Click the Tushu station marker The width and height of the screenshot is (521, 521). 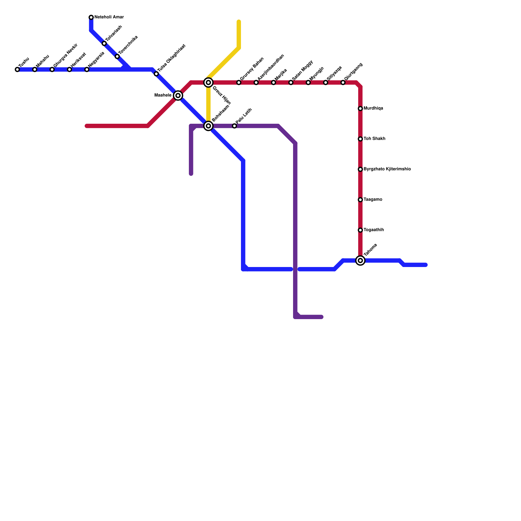click(x=17, y=70)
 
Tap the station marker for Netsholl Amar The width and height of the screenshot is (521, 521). click(x=91, y=17)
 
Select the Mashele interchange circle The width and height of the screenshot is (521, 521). click(x=178, y=95)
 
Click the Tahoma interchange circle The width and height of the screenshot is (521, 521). click(x=360, y=260)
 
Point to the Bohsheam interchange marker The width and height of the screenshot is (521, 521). click(x=208, y=126)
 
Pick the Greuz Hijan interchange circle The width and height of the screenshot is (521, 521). click(x=208, y=83)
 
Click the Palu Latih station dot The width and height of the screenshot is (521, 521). click(x=234, y=126)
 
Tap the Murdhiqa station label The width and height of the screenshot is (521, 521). click(x=373, y=108)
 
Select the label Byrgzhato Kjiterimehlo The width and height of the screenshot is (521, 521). click(x=387, y=169)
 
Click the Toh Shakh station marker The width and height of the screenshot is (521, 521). click(x=360, y=139)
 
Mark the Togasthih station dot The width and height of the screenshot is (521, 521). click(x=360, y=230)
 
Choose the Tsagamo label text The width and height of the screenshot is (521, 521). click(x=373, y=200)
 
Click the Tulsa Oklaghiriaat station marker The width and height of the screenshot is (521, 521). click(x=156, y=74)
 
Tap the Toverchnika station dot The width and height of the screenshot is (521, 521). click(x=117, y=57)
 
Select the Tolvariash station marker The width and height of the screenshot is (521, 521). click(x=104, y=44)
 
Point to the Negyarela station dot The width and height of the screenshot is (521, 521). click(x=87, y=70)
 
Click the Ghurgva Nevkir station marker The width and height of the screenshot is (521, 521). click(x=52, y=70)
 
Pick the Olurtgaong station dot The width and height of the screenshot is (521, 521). click(x=343, y=83)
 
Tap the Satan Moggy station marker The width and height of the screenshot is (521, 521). click(x=291, y=83)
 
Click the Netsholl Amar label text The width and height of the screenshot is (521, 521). click(x=109, y=17)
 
